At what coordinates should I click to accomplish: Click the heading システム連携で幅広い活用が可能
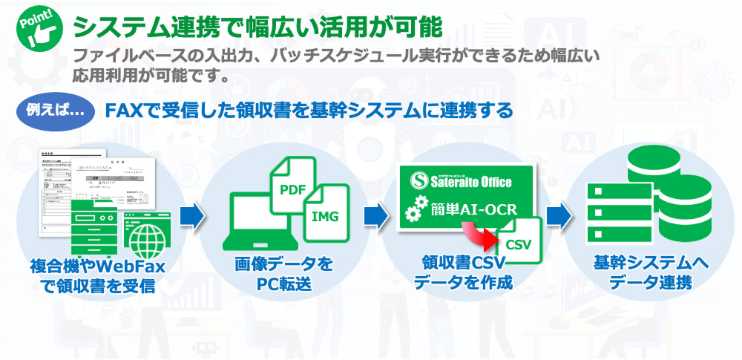click(x=257, y=27)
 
